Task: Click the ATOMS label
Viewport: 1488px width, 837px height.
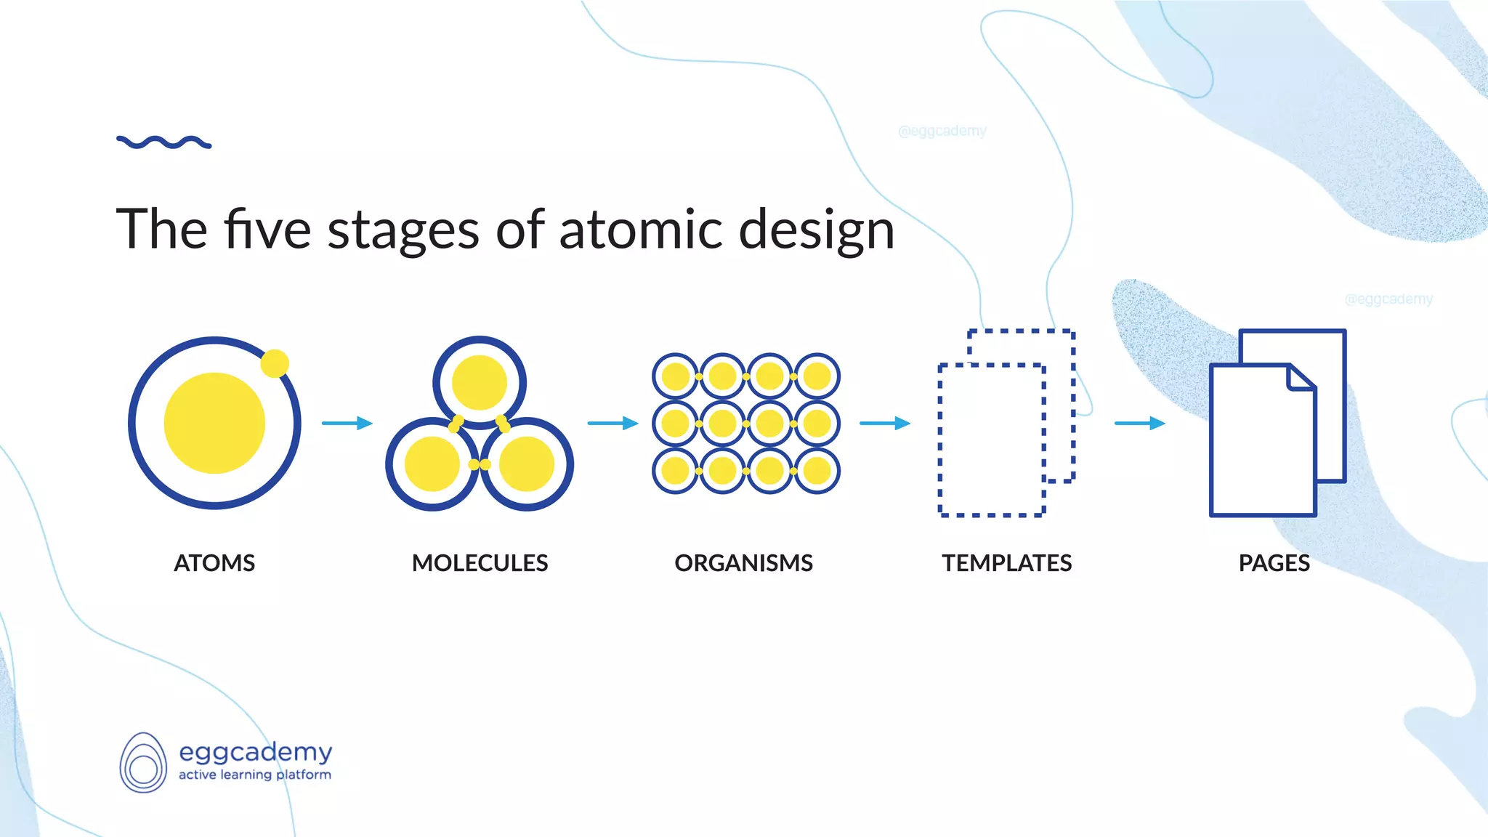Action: tap(214, 563)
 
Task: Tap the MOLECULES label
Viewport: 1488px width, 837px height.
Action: tap(480, 563)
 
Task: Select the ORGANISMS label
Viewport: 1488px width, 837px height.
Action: tap(743, 563)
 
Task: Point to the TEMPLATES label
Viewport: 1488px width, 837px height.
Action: tap(1006, 563)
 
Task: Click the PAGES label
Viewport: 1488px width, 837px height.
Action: tap(1274, 563)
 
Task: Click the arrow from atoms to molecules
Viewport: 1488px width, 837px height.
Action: tap(347, 423)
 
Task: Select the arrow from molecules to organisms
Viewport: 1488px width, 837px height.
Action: tap(612, 423)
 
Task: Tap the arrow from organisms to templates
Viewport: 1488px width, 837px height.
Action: tap(884, 423)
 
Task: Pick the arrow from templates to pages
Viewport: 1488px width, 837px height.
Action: tap(1139, 423)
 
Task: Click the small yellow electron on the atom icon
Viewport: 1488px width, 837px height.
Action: tap(275, 363)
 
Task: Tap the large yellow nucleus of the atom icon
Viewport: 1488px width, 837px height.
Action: tap(214, 423)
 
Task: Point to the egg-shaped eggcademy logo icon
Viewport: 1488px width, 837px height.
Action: tap(143, 763)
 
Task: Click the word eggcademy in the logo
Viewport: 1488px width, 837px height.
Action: tap(255, 752)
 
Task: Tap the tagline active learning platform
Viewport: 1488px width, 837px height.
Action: tap(255, 775)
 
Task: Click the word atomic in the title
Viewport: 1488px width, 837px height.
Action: tap(640, 230)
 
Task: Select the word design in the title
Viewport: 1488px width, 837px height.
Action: tap(816, 230)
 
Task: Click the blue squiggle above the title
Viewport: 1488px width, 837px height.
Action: tap(164, 142)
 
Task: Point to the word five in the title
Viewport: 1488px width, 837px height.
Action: tap(267, 230)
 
